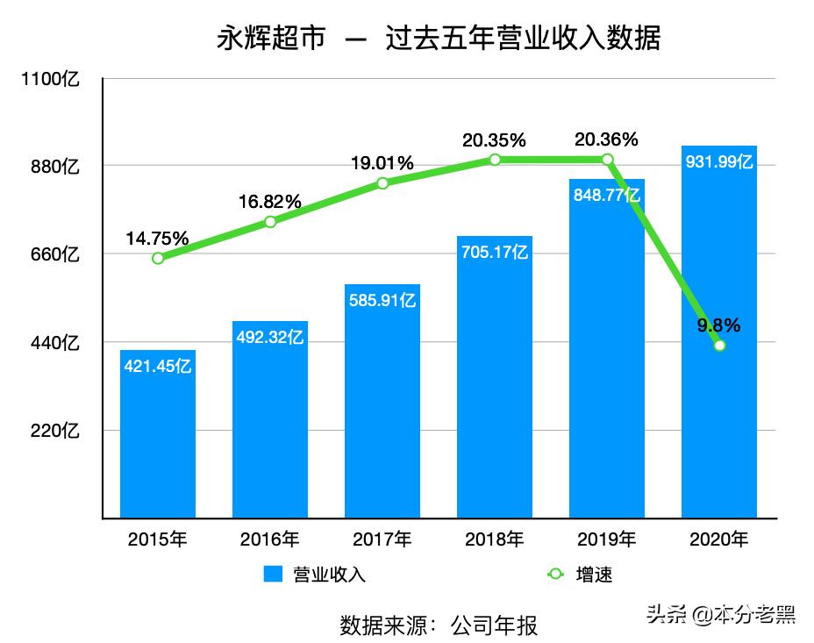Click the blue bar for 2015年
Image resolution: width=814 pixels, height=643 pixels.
pos(158,434)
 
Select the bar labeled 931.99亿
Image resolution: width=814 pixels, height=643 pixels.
pos(719,333)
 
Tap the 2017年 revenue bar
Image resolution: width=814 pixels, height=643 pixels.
pos(382,404)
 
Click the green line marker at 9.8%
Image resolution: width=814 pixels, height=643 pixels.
pos(719,346)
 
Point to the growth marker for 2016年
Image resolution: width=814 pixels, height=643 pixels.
pos(270,222)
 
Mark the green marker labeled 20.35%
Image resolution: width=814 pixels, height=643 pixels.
pos(495,160)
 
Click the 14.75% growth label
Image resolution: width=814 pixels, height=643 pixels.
pos(157,238)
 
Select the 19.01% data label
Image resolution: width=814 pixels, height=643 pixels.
pos(382,163)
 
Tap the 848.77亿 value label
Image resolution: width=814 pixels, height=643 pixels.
pos(606,196)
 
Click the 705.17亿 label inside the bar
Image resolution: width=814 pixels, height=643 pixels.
pos(495,253)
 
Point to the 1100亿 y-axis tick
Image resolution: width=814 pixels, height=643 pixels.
pos(51,79)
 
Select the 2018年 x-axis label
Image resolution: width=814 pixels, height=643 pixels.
pos(495,539)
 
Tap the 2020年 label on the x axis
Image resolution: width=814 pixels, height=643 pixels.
pos(719,539)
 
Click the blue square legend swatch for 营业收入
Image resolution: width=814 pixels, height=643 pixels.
pos(273,575)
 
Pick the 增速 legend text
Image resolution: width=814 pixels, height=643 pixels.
pos(594,575)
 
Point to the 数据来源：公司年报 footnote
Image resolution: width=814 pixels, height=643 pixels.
pos(438,625)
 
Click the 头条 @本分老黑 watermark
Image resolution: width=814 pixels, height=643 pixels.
pos(720,614)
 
